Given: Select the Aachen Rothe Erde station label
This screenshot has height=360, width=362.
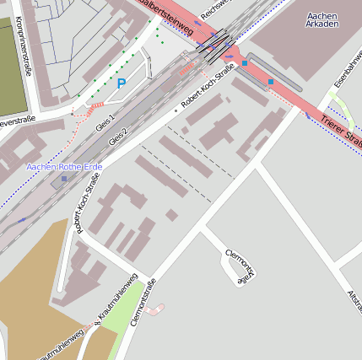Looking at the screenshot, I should (x=64, y=167).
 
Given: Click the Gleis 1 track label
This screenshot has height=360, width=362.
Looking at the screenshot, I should (x=106, y=122).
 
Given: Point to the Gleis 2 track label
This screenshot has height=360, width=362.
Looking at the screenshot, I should (x=118, y=136).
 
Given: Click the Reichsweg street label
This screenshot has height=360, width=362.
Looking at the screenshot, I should (x=218, y=9).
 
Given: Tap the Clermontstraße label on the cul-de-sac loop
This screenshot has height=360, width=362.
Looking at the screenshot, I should (x=240, y=264).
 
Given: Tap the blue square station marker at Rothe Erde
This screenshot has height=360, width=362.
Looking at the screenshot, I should (x=64, y=178).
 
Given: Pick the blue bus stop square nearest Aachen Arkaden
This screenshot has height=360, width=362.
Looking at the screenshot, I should (x=270, y=81).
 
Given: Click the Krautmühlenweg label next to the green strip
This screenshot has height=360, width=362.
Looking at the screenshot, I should (x=115, y=302).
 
